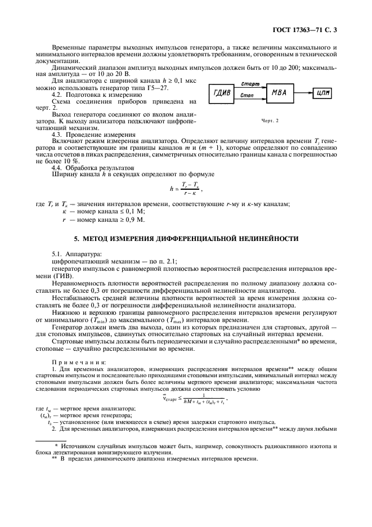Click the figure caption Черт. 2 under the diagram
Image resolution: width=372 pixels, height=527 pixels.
coord(270,120)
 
